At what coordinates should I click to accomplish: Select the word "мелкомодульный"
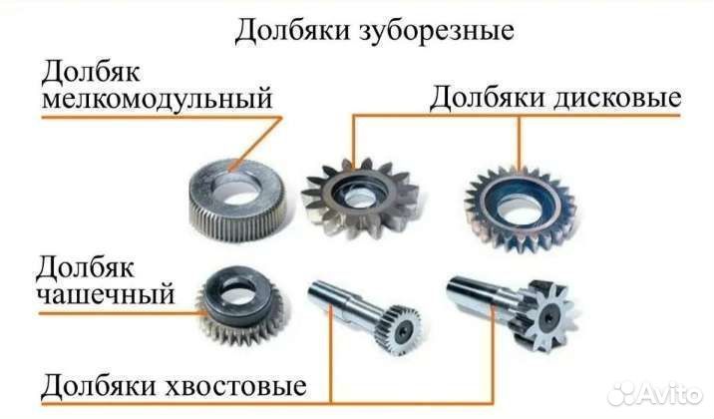coord(158,102)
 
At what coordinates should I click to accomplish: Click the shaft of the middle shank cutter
coord(340,300)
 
